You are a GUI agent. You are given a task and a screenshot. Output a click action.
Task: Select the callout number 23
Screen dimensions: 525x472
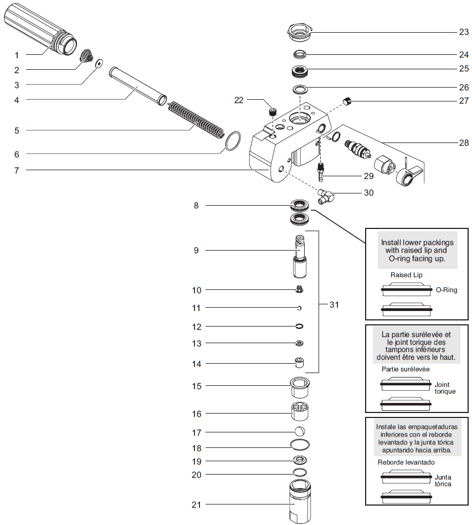pos(464,32)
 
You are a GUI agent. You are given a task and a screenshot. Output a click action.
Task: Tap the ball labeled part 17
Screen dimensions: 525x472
pos(299,432)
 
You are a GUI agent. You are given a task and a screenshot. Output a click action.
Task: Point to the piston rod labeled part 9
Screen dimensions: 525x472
pos(300,257)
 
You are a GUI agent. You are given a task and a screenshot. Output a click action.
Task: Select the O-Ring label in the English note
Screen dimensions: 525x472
pos(447,290)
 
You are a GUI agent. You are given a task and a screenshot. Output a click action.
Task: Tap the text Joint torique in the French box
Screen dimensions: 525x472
pos(445,388)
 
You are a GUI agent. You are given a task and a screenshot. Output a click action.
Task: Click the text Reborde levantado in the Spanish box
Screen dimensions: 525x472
pos(406,462)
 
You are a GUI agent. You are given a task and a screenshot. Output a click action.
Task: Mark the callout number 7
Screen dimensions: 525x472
pos(17,170)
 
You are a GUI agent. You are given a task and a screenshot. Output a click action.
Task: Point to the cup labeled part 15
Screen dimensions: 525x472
pos(300,386)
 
